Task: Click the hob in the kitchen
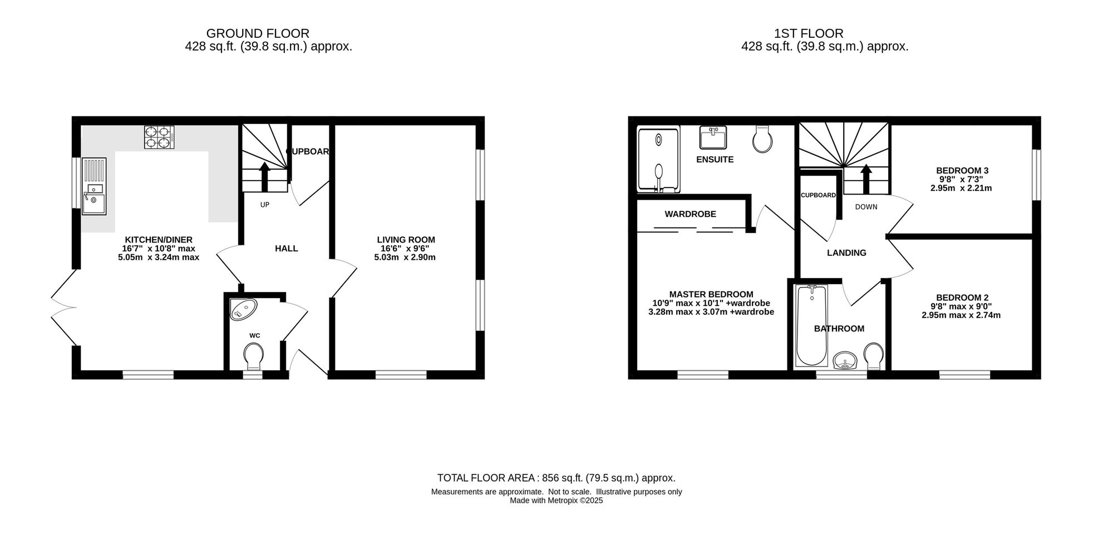pos(159,137)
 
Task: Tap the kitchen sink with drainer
pos(94,186)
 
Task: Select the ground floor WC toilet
pos(254,356)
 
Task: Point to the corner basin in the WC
pos(243,309)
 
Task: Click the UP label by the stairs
pos(265,205)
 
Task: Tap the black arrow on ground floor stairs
pos(264,177)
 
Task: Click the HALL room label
pos(287,249)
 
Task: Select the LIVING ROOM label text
pos(406,240)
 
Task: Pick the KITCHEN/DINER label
pos(159,240)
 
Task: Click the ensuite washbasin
pos(713,138)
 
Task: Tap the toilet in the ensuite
pos(762,139)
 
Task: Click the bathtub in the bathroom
pos(812,325)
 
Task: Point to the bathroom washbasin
pos(846,360)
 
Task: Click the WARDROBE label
pos(690,214)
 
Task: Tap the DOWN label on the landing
pos(866,207)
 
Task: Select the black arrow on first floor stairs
pos(866,179)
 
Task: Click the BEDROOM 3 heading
pos(962,171)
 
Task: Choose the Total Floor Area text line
pos(556,478)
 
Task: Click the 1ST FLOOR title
pos(809,33)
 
